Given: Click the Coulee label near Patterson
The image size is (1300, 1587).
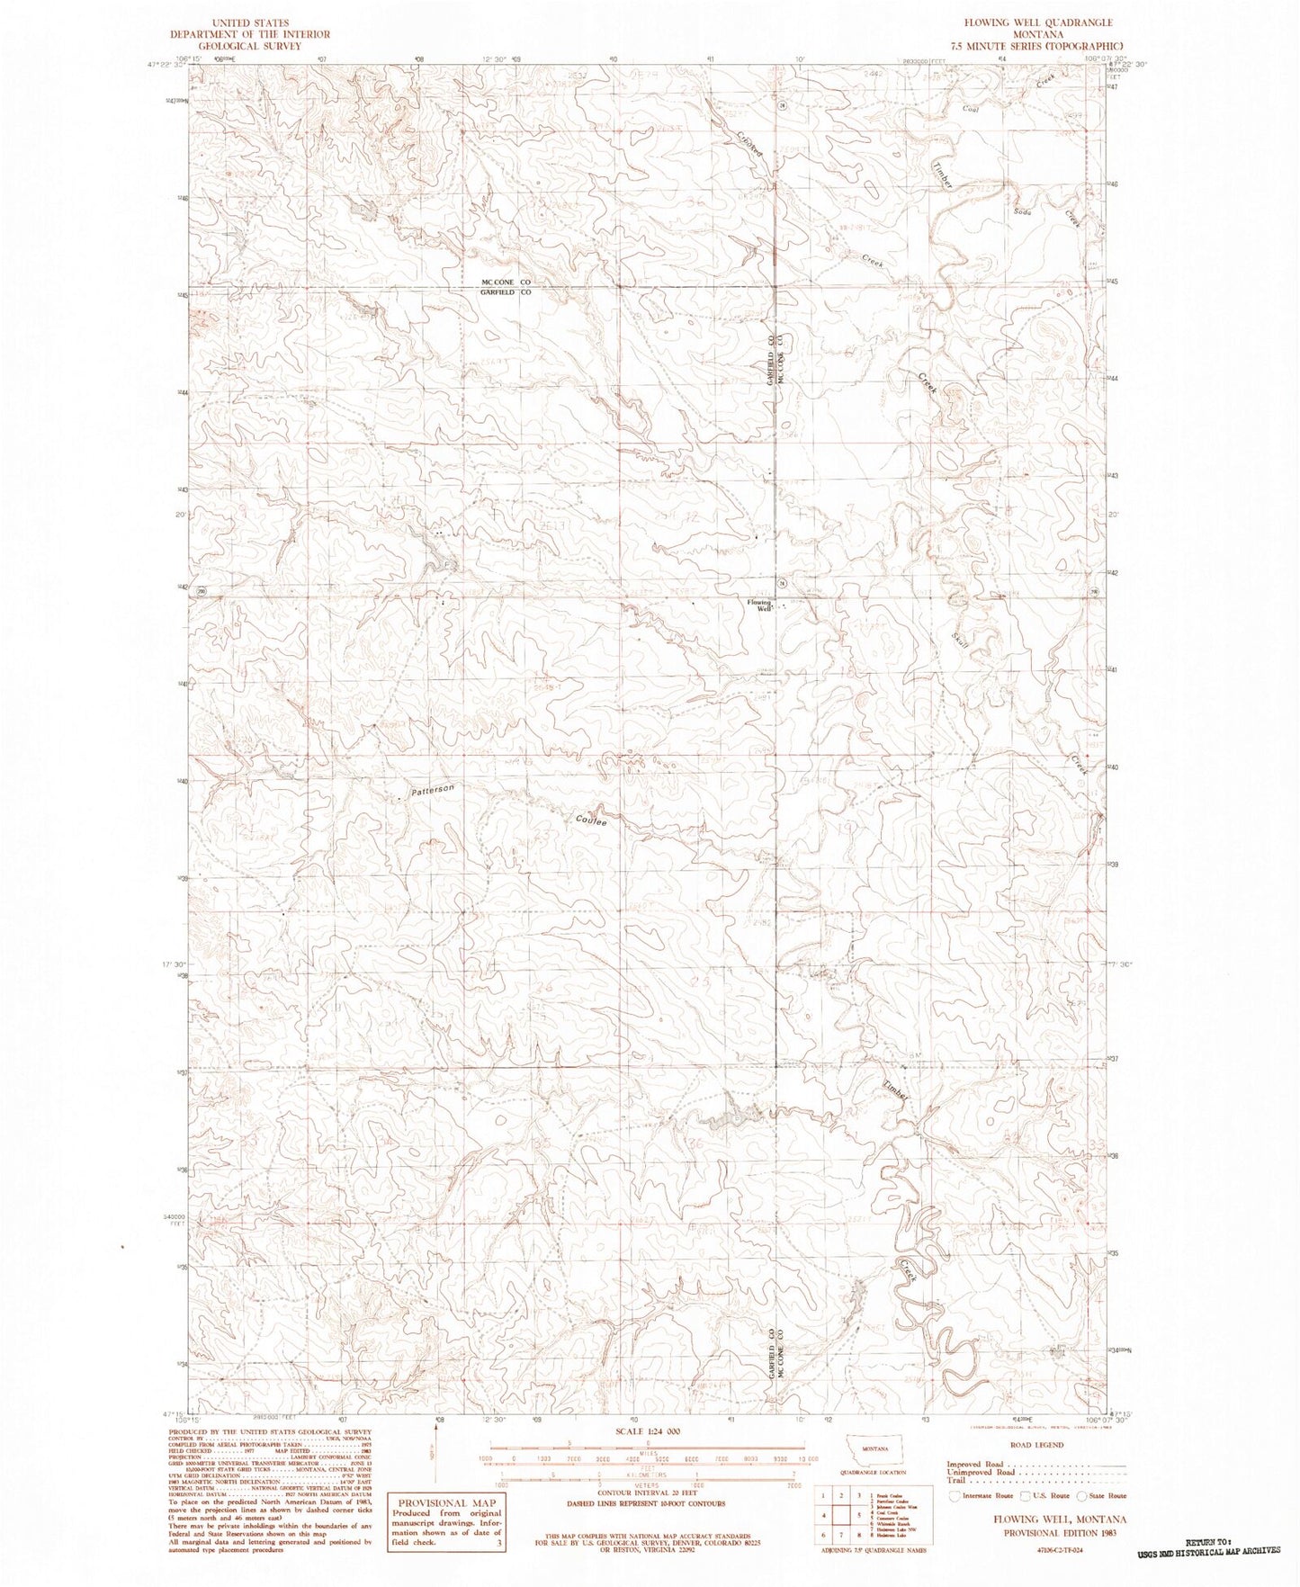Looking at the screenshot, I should tap(591, 820).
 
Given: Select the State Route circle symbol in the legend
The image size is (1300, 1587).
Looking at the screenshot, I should tap(1081, 1494).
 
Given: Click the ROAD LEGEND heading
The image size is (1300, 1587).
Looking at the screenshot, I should tap(1036, 1445).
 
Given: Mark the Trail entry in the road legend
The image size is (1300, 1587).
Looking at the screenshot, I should tap(955, 1480).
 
